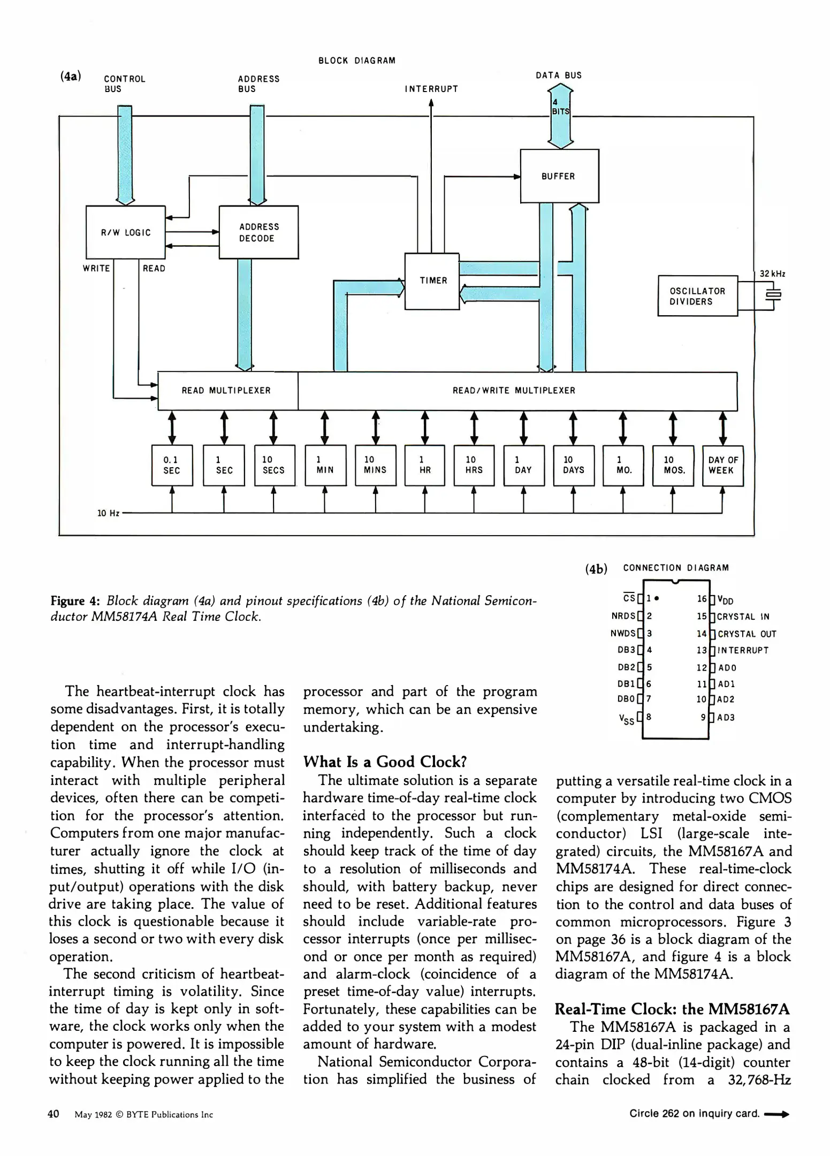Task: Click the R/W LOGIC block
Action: click(x=125, y=232)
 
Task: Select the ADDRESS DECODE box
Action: click(x=258, y=232)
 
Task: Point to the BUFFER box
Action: click(x=559, y=176)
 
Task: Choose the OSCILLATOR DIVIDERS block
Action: click(x=697, y=296)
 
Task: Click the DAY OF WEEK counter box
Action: click(x=722, y=465)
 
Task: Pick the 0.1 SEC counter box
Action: click(x=172, y=465)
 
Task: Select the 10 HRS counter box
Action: click(x=474, y=465)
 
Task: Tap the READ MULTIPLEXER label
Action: click(x=226, y=391)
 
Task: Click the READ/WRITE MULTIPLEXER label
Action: click(x=514, y=391)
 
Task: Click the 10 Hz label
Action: click(x=108, y=513)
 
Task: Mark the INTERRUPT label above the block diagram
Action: click(x=431, y=89)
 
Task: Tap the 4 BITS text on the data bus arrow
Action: click(x=560, y=107)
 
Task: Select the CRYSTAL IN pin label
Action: click(x=743, y=617)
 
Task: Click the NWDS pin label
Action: click(x=623, y=634)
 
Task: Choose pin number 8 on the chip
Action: click(x=649, y=716)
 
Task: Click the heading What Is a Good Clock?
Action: click(x=385, y=762)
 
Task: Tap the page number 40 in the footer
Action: click(x=54, y=1114)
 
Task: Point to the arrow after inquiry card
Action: click(x=777, y=1115)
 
